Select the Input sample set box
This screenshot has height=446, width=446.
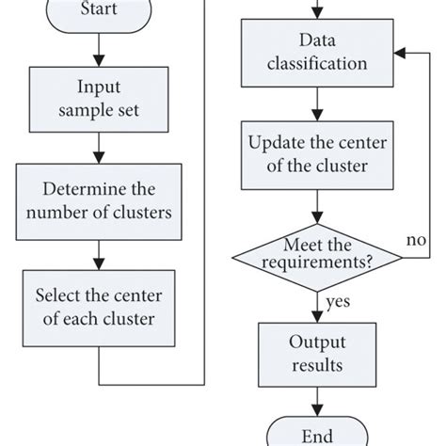pyautogui.click(x=100, y=101)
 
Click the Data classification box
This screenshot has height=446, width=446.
pyautogui.click(x=317, y=54)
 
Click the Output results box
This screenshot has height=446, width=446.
pyautogui.click(x=317, y=352)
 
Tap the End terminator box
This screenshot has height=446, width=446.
pyautogui.click(x=317, y=435)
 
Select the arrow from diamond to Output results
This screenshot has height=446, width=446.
pyautogui.click(x=317, y=305)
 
